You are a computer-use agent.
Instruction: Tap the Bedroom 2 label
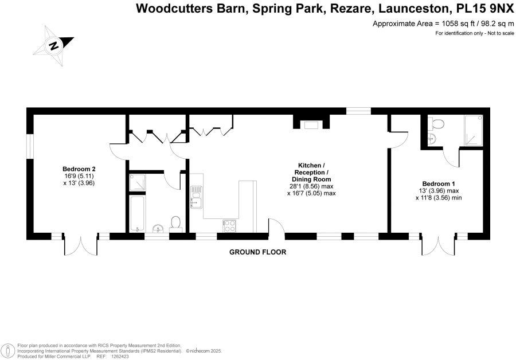click(79, 169)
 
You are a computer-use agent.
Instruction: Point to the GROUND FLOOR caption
click(257, 252)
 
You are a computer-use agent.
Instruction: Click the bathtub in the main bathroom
click(138, 213)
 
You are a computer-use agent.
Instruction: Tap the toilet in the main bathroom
click(176, 222)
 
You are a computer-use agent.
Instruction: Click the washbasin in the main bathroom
click(157, 228)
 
